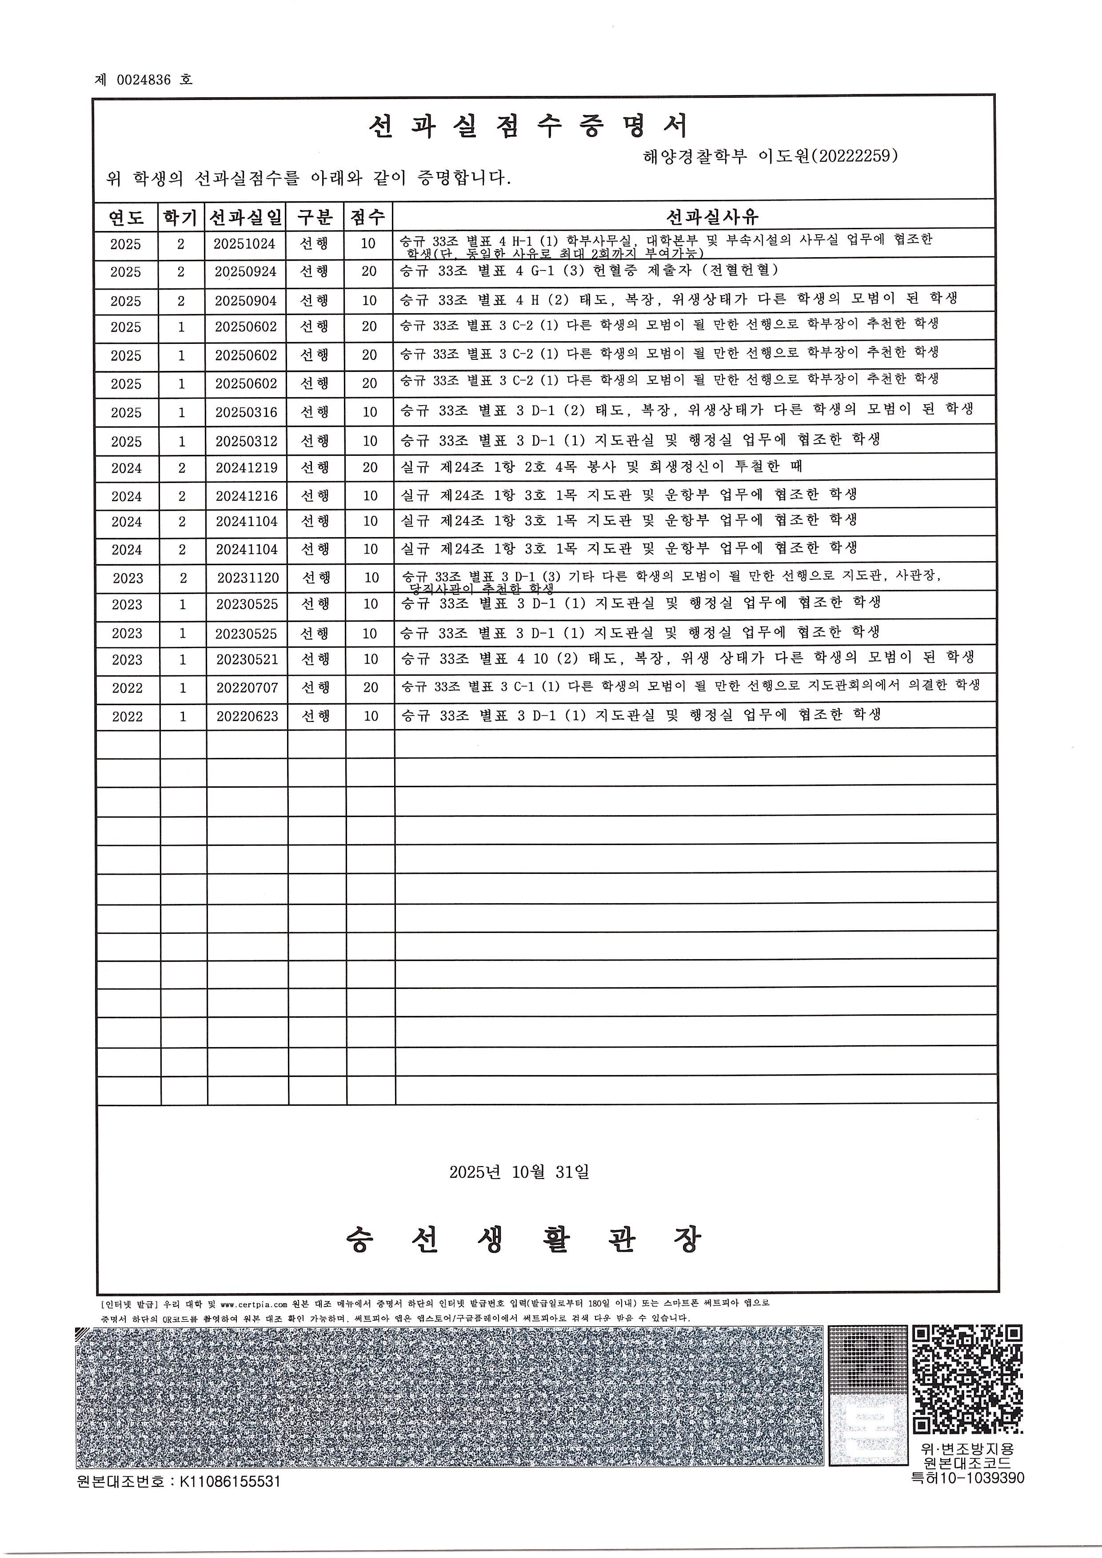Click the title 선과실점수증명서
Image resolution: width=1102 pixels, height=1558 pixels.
tap(529, 126)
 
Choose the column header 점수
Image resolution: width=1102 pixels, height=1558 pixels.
tap(368, 217)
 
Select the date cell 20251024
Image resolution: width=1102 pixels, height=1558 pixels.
tap(244, 243)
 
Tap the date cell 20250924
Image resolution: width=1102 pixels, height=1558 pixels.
tap(246, 272)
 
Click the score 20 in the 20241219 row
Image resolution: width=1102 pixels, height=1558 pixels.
tap(370, 467)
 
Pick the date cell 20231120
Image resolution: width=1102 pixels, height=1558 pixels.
tap(248, 578)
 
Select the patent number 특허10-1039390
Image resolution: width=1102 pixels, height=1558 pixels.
tap(967, 1478)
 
